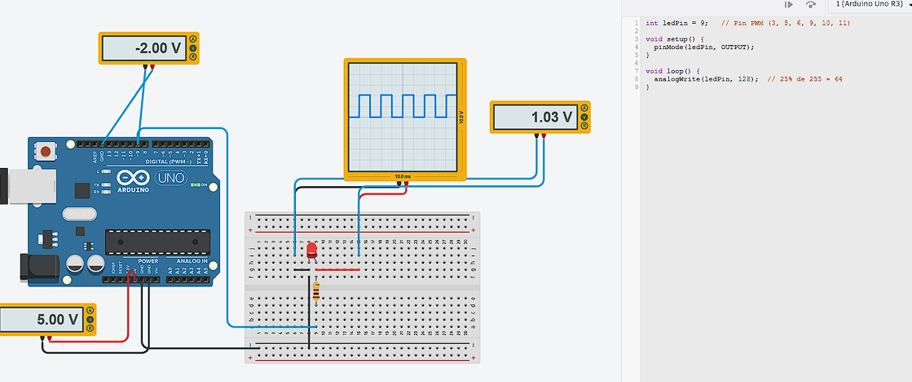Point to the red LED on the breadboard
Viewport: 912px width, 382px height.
pyautogui.click(x=311, y=249)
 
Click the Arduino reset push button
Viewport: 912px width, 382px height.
pyautogui.click(x=46, y=151)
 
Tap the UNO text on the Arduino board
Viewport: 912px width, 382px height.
pyautogui.click(x=171, y=178)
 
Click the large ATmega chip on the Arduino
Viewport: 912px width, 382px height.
pyautogui.click(x=157, y=242)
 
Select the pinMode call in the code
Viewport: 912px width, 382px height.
pyautogui.click(x=670, y=47)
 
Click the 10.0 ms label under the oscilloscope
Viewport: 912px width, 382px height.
pyautogui.click(x=403, y=176)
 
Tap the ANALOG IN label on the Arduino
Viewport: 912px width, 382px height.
pyautogui.click(x=192, y=261)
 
